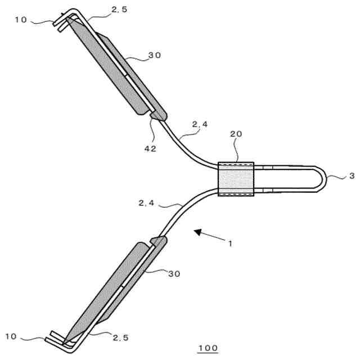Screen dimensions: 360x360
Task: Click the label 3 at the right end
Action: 352,176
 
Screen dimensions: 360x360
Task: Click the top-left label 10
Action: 21,20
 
